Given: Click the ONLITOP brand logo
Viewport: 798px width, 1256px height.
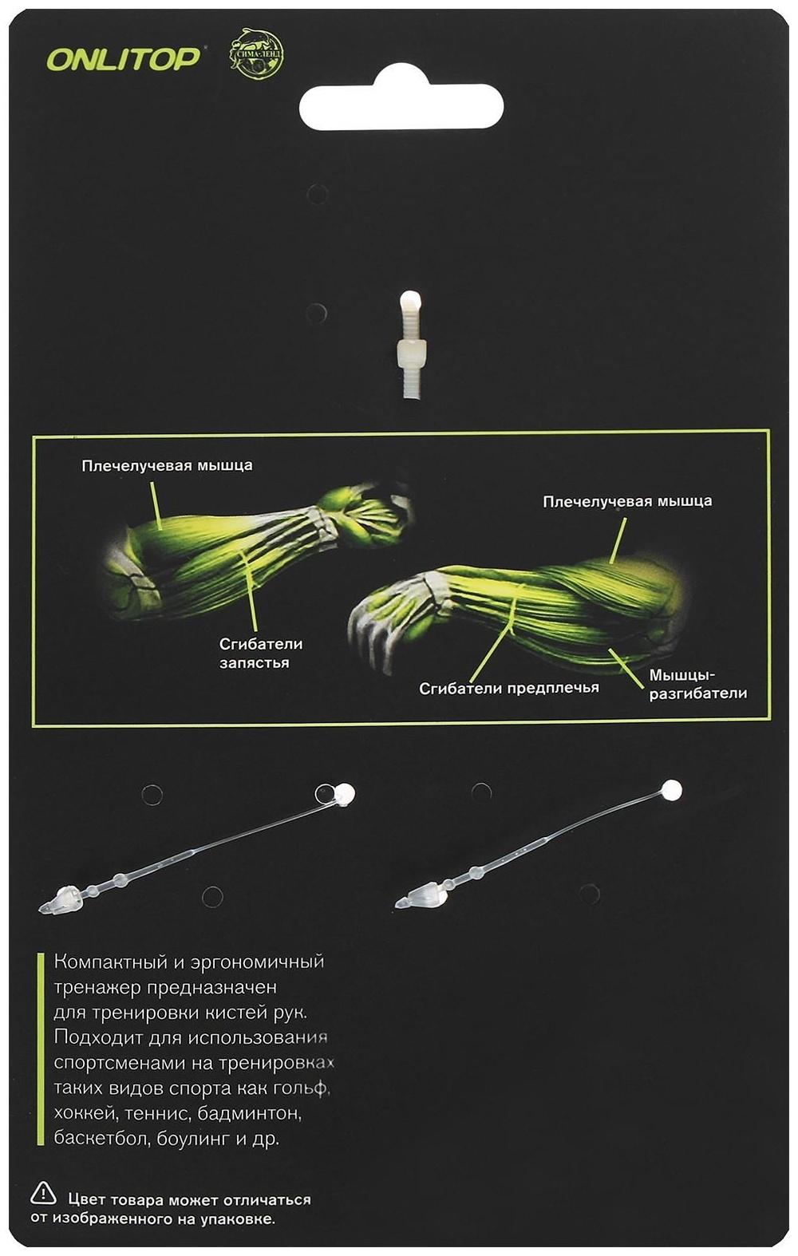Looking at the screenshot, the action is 123,57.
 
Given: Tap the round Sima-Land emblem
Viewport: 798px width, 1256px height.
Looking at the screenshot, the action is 256,54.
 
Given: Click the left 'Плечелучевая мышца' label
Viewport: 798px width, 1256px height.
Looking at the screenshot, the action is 167,465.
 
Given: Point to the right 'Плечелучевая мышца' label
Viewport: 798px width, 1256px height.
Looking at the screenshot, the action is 627,500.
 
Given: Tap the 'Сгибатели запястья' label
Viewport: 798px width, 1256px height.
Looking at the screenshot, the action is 254,653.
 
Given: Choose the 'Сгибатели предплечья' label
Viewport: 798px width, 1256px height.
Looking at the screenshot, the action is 509,688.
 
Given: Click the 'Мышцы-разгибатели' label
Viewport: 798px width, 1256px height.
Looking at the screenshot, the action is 698,684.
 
